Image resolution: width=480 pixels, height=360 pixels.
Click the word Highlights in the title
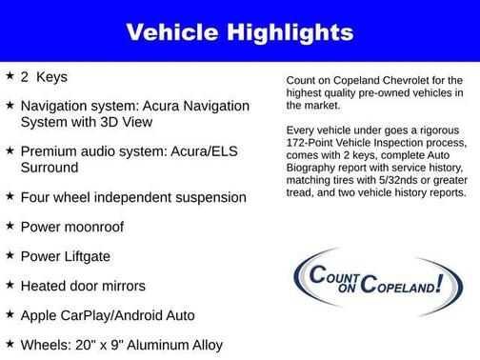[x=287, y=33]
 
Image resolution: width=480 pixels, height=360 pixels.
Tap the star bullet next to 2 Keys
[x=10, y=74]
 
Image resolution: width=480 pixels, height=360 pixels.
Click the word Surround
[x=50, y=167]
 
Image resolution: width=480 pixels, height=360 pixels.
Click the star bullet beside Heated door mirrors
[x=10, y=285]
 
